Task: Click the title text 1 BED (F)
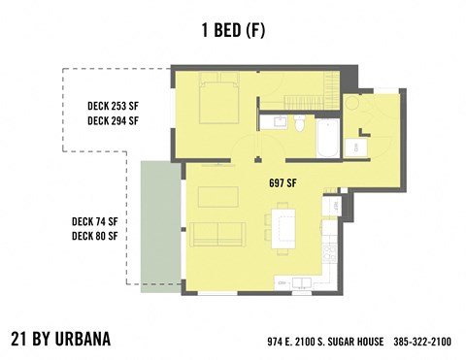232,30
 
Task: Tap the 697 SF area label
282,182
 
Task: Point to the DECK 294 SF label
113,121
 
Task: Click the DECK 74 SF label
95,219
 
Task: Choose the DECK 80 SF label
95,236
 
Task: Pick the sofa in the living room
218,234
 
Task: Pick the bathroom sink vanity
280,122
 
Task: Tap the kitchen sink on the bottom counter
297,282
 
